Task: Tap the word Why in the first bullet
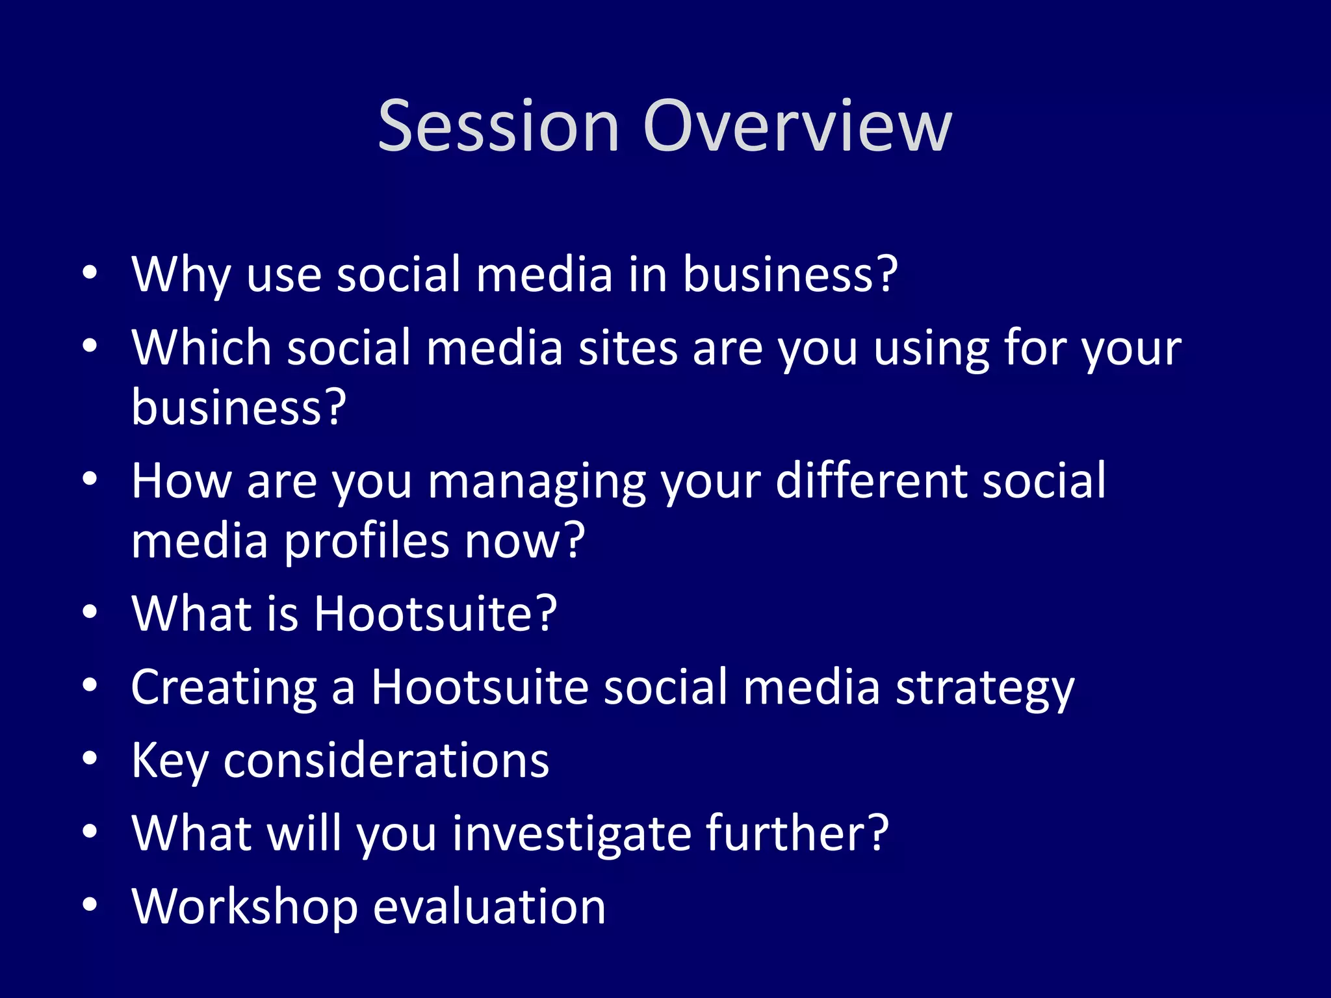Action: click(x=181, y=275)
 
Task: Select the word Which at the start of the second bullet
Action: click(x=201, y=348)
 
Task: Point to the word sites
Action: click(x=628, y=348)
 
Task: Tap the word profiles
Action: click(x=367, y=541)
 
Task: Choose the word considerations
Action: click(x=386, y=760)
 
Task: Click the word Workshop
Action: click(x=244, y=907)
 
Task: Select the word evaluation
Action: click(x=489, y=907)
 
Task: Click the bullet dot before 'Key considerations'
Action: click(x=90, y=758)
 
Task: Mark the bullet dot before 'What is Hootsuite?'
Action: click(x=90, y=611)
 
